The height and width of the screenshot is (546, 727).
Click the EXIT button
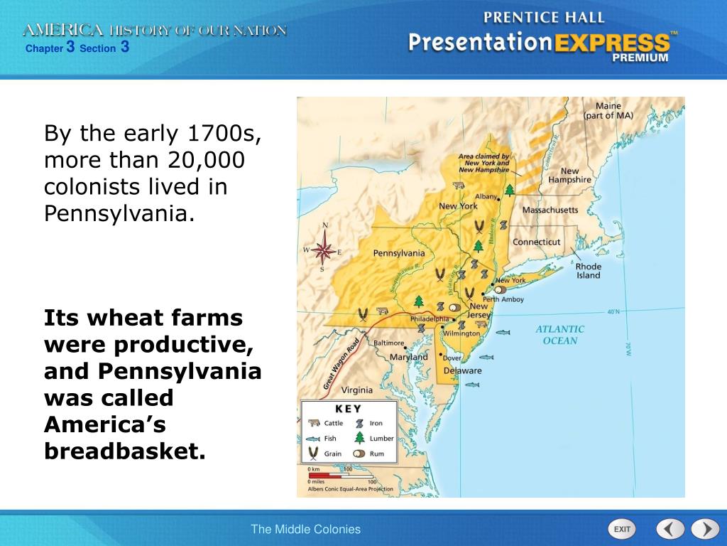click(622, 529)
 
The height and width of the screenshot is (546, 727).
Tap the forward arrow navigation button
click(705, 529)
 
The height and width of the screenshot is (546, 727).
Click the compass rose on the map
click(324, 250)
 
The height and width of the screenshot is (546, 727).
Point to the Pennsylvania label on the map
click(398, 253)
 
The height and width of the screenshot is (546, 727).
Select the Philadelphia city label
click(430, 319)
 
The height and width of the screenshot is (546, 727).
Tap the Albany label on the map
click(486, 196)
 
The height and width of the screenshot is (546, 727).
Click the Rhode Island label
click(588, 271)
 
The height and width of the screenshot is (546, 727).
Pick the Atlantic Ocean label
click(559, 335)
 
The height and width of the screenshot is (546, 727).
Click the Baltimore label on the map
click(389, 343)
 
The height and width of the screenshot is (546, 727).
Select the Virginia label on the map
click(357, 390)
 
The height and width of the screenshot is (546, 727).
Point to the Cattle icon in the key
click(312, 423)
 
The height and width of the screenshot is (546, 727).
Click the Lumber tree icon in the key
click(359, 438)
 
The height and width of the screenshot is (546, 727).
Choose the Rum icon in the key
click(359, 454)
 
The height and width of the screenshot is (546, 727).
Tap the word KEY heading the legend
click(348, 409)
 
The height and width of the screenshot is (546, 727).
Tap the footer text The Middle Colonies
click(305, 529)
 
